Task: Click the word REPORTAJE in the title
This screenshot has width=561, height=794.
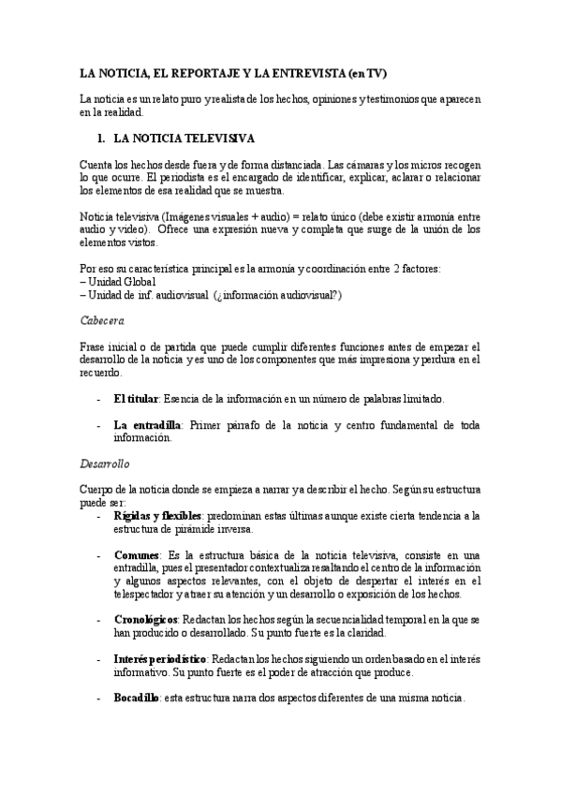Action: [199, 73]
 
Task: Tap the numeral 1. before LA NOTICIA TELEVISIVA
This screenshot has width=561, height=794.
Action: [102, 139]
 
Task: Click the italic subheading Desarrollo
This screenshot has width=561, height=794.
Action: [105, 463]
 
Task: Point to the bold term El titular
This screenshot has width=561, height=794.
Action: [136, 399]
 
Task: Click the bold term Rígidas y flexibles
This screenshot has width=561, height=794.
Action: [157, 515]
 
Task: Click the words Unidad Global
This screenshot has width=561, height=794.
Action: [123, 282]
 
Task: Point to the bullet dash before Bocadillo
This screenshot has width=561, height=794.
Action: [99, 698]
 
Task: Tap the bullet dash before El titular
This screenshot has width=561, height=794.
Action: [99, 399]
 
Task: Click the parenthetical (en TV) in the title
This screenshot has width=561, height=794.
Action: [368, 73]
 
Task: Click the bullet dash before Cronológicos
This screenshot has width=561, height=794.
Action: [99, 621]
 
